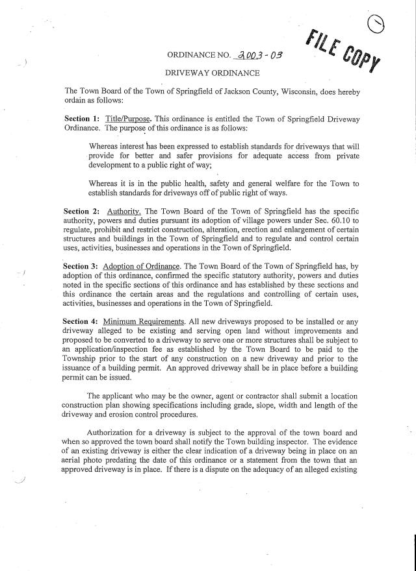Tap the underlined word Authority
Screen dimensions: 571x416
click(123, 212)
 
